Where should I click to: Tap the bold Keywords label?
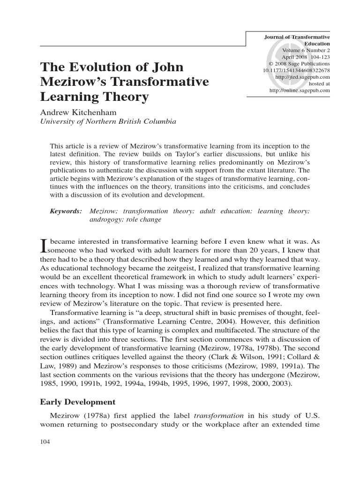tap(66, 211)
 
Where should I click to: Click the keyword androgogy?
tap(107, 219)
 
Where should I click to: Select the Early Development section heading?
tap(77, 402)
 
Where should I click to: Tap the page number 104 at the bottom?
tap(45, 442)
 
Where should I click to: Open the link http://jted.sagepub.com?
tap(303, 77)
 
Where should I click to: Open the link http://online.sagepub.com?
tap(300, 90)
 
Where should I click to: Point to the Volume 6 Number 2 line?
tap(306, 50)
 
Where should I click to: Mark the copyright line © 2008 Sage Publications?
tap(299, 64)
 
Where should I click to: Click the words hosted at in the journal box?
tap(319, 83)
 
